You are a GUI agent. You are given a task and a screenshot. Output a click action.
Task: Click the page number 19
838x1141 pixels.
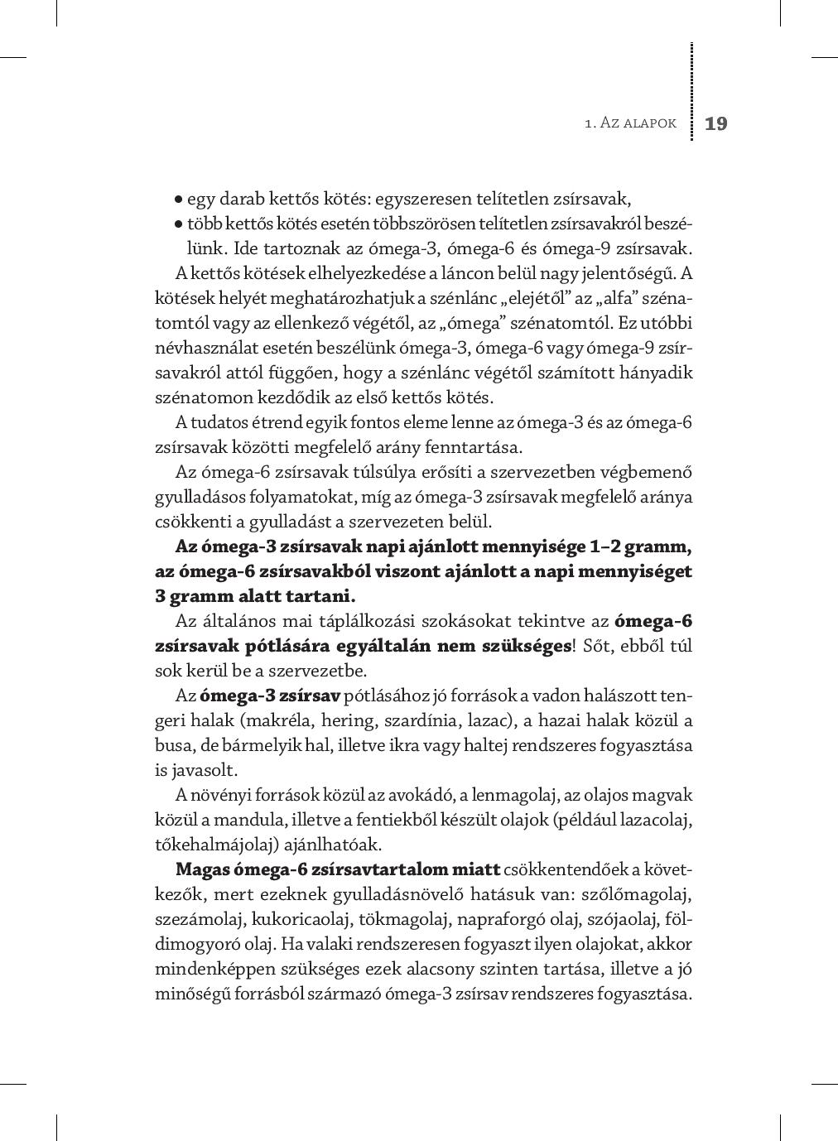coord(715,124)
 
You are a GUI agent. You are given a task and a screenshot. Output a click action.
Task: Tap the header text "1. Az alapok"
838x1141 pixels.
coord(630,123)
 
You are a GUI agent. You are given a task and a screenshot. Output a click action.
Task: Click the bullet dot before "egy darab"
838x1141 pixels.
coord(178,200)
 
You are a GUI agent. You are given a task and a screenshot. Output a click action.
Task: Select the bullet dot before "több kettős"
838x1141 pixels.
coord(178,224)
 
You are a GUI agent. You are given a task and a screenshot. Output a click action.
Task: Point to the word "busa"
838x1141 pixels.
coord(172,745)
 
